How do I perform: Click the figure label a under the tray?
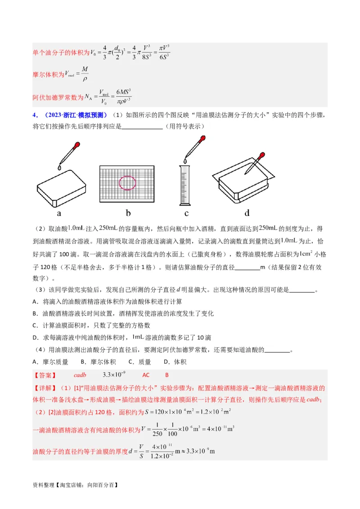tap(59, 213)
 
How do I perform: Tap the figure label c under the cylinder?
tap(186, 213)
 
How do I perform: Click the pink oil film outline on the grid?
tap(127, 183)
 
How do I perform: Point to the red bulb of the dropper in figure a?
tap(77, 146)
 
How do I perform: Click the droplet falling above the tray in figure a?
tap(59, 167)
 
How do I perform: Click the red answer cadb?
tap(80, 375)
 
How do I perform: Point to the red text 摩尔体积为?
tap(49, 75)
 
